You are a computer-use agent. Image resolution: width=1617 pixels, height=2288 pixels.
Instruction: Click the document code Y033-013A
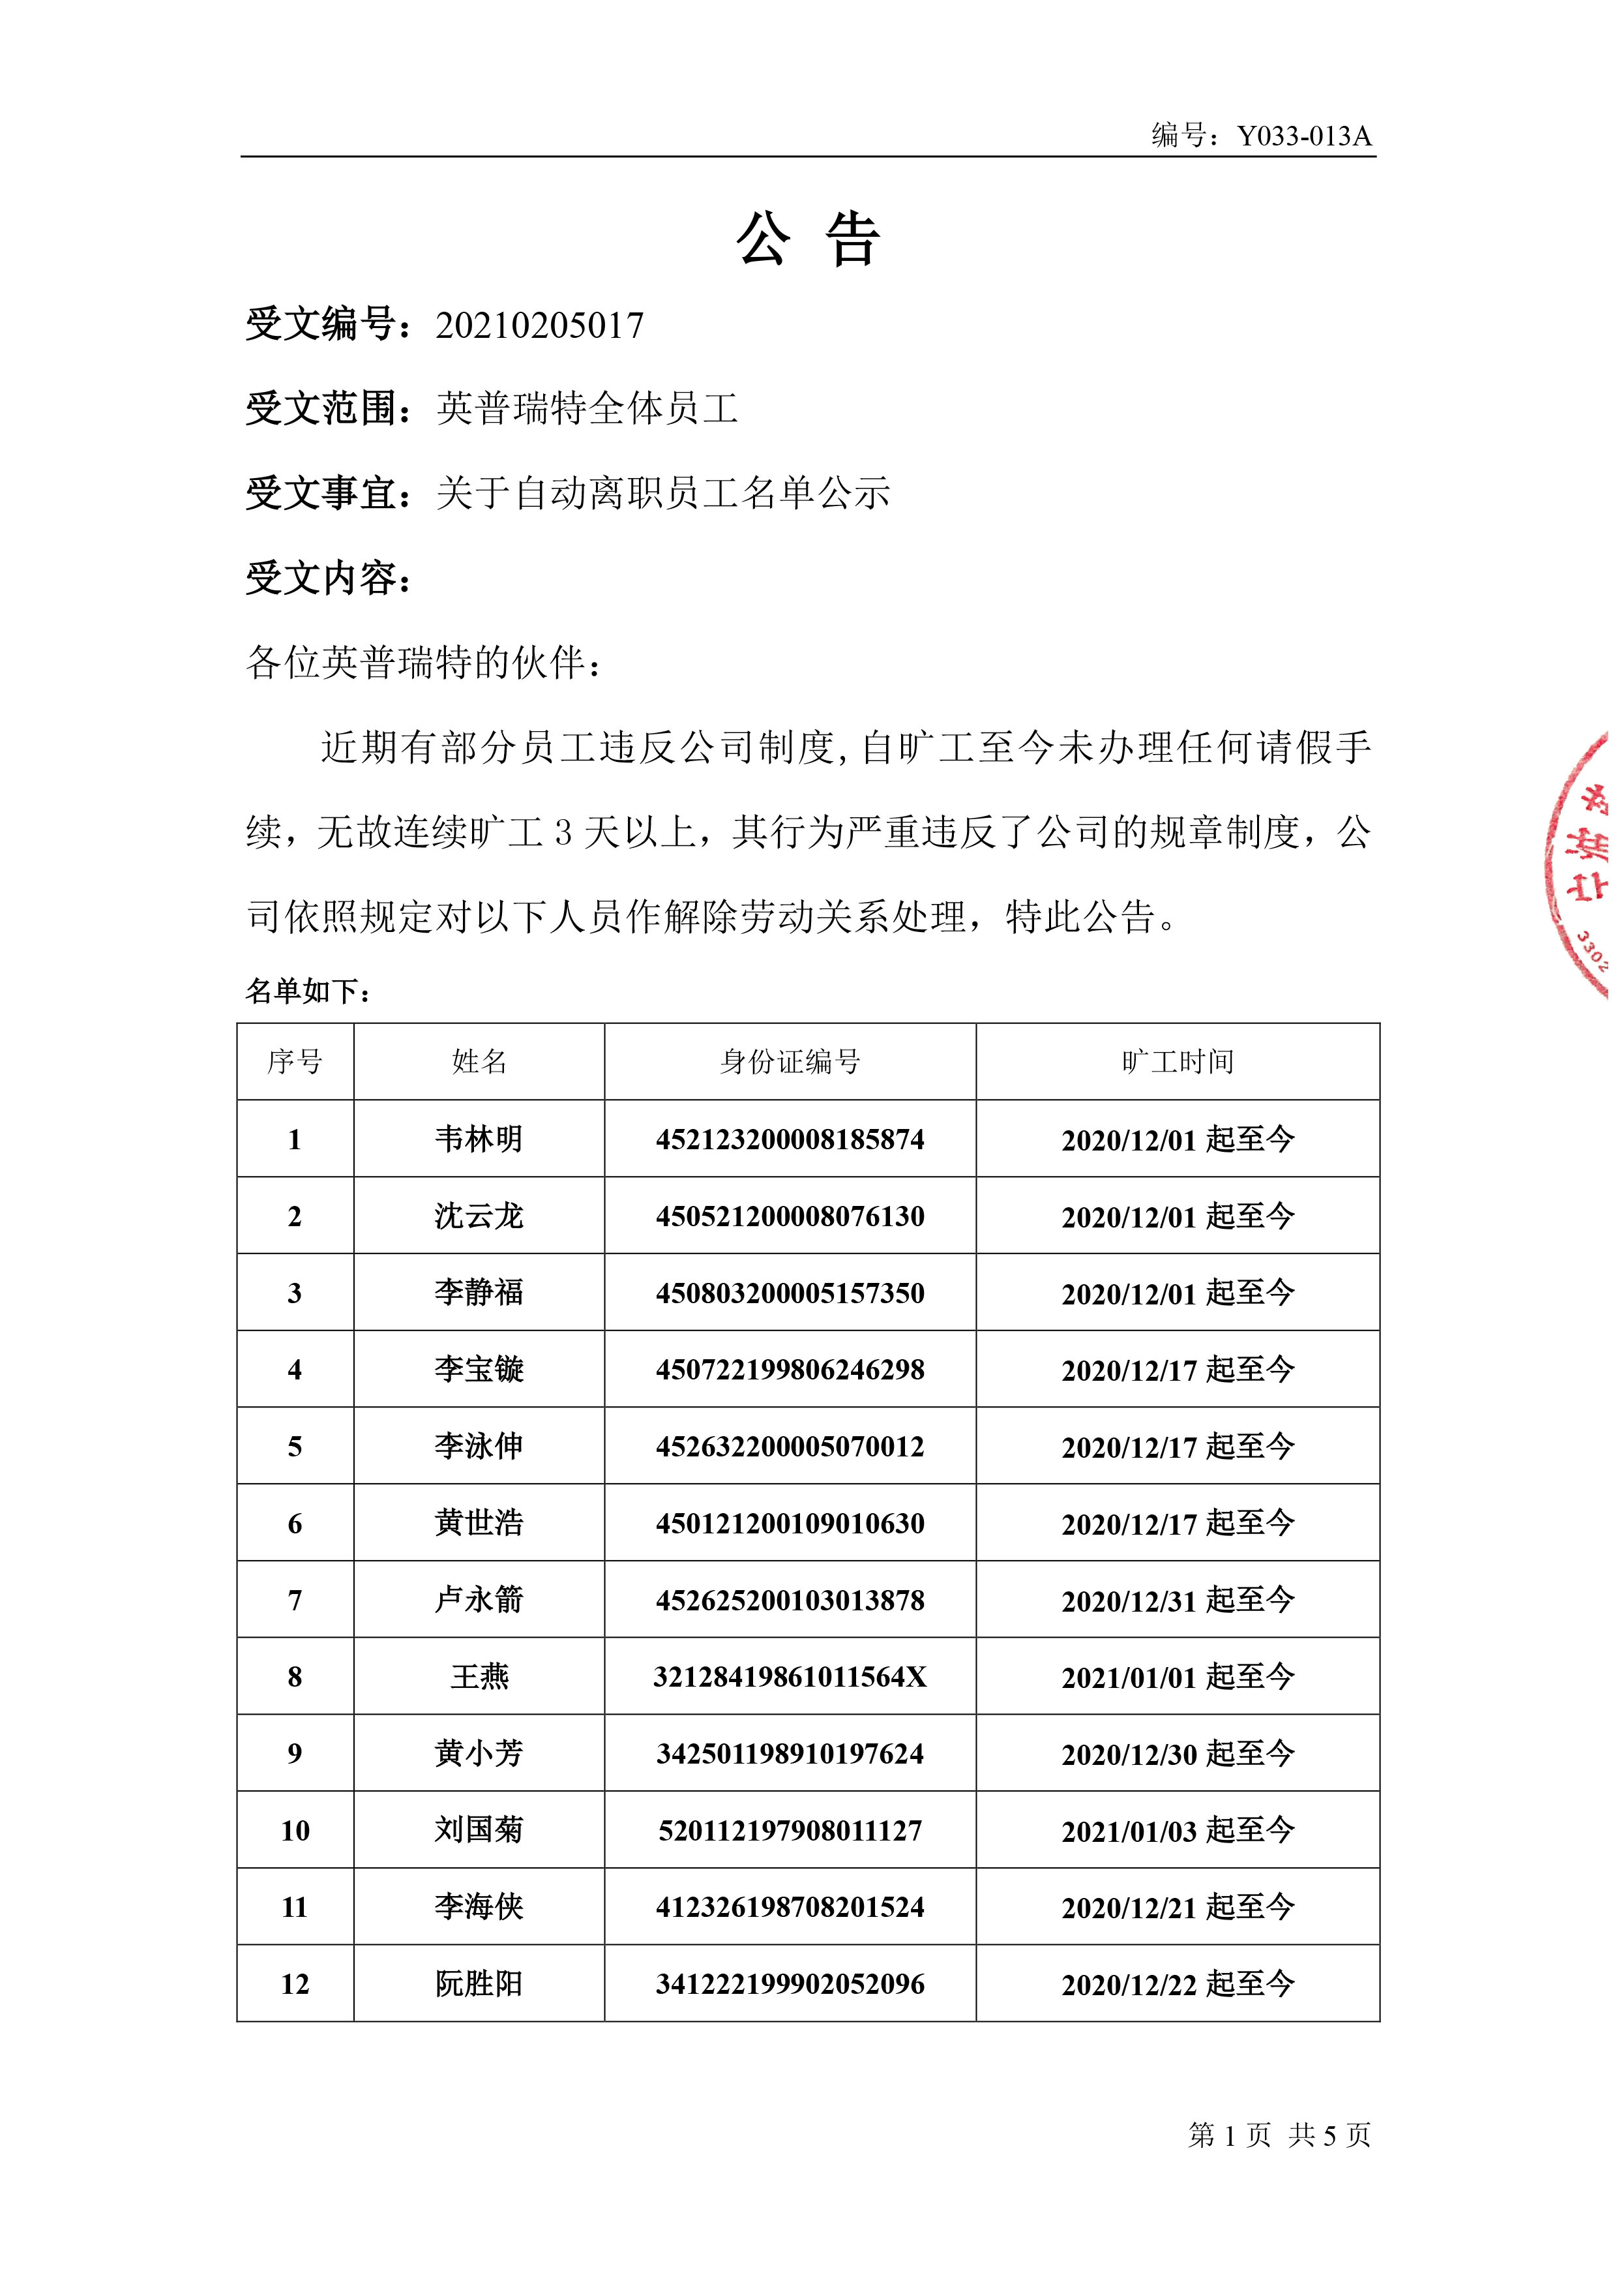coord(1303,136)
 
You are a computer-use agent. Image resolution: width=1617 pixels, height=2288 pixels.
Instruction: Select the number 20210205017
coord(539,326)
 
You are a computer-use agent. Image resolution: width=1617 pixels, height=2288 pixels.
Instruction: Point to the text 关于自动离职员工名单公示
coord(662,493)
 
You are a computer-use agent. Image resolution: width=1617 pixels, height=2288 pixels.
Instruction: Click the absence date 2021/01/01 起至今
coord(1177,1677)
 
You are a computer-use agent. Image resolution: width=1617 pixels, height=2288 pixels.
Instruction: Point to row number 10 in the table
coord(295,1831)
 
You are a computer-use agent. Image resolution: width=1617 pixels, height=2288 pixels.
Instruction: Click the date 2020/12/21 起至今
coord(1177,1907)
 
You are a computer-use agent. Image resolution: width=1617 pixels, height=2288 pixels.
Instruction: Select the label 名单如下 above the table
coord(309,991)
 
